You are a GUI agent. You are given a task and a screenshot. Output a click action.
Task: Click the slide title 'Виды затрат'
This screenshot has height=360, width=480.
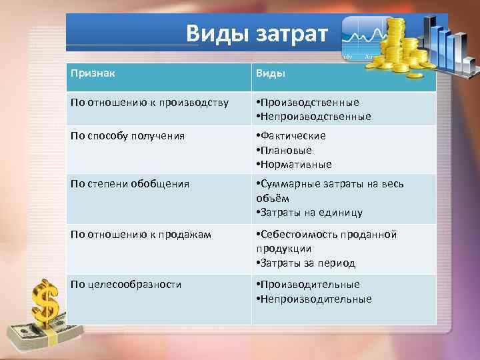pyautogui.click(x=257, y=33)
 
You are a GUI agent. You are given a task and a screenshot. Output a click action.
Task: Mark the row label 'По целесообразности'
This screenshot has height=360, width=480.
pyautogui.click(x=126, y=284)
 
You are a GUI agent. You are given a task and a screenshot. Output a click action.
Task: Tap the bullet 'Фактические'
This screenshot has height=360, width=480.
pyautogui.click(x=293, y=136)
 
